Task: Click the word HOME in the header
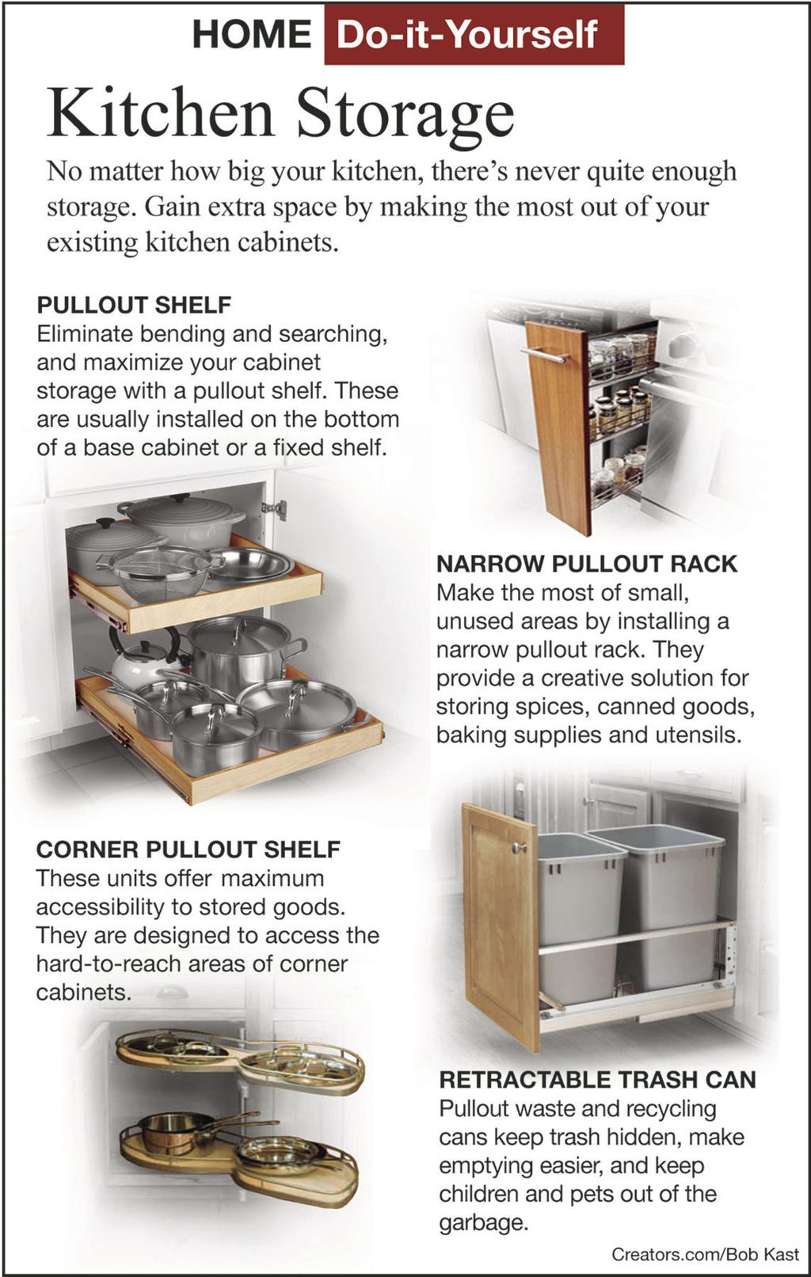[x=251, y=34]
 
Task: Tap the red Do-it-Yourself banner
[x=473, y=35]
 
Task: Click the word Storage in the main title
[x=405, y=114]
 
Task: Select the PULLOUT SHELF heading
[x=134, y=305]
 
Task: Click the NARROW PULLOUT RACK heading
[x=587, y=564]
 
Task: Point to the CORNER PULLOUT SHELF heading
[x=188, y=849]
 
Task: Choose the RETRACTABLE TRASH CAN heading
[x=597, y=1080]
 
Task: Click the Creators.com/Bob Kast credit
[x=705, y=1254]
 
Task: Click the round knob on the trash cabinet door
[x=519, y=848]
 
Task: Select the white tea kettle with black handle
[x=143, y=661]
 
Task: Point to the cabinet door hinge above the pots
[x=274, y=510]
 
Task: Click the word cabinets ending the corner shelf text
[x=82, y=992]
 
